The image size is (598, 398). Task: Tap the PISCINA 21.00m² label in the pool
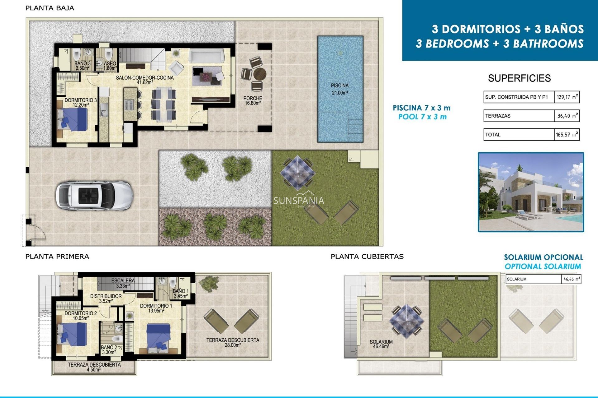coord(339,89)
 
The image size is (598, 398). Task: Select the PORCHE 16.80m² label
coord(253,100)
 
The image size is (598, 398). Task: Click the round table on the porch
coord(259,74)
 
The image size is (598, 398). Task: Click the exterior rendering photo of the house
coord(531,192)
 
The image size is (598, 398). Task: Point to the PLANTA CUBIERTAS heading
coord(367,257)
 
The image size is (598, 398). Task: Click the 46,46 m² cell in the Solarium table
coord(571,279)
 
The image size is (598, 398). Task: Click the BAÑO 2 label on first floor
coord(109,349)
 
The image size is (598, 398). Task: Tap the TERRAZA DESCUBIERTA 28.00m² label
coord(232,342)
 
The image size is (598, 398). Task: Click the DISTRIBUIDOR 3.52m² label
coord(106,298)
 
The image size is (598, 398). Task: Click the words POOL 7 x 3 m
coord(422,117)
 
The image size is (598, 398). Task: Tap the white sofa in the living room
coord(206,56)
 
